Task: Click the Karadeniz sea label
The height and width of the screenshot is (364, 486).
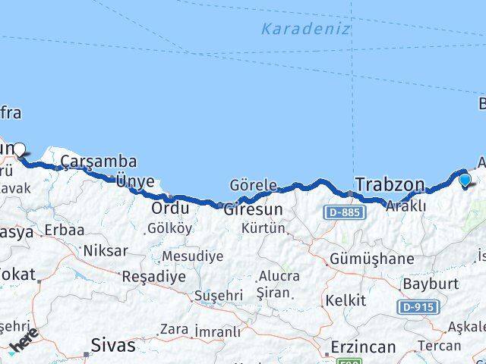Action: coord(305,30)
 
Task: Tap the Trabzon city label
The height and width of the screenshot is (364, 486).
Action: coord(390,184)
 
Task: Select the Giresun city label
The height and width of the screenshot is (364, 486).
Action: coord(253,209)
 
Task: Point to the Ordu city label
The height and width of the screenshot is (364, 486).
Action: coord(170,208)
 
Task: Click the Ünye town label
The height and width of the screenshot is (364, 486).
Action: coord(135,181)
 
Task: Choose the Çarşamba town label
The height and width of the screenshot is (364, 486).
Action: coord(99,162)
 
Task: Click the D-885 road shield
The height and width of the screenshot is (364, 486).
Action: coord(344,213)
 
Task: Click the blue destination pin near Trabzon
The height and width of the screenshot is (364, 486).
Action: coord(465,180)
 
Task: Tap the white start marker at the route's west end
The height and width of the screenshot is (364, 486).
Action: coord(20,149)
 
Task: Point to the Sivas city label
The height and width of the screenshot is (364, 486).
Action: coord(112,345)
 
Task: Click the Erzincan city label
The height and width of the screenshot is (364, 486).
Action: coord(363,347)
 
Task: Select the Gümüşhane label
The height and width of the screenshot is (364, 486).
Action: coord(372,259)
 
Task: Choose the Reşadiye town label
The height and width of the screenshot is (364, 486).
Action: coord(154,276)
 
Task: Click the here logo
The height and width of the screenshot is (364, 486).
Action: coord(24,343)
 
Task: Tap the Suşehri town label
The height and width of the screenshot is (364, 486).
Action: coord(217,295)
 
